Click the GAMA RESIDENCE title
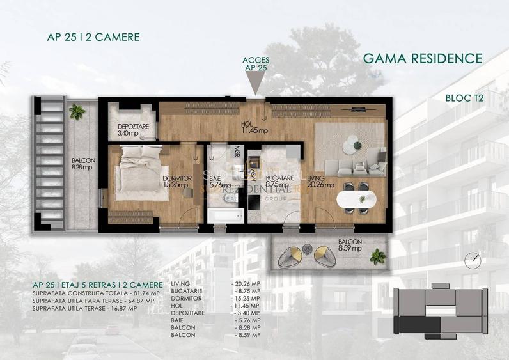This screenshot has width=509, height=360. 422,58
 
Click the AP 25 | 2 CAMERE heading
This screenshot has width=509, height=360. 93,37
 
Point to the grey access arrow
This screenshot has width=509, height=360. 256,83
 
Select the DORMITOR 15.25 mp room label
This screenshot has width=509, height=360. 176,182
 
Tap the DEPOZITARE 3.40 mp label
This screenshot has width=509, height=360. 133,130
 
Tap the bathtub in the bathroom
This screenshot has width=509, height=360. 224,215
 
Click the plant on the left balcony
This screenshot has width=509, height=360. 78,113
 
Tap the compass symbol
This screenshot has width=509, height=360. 473,260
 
